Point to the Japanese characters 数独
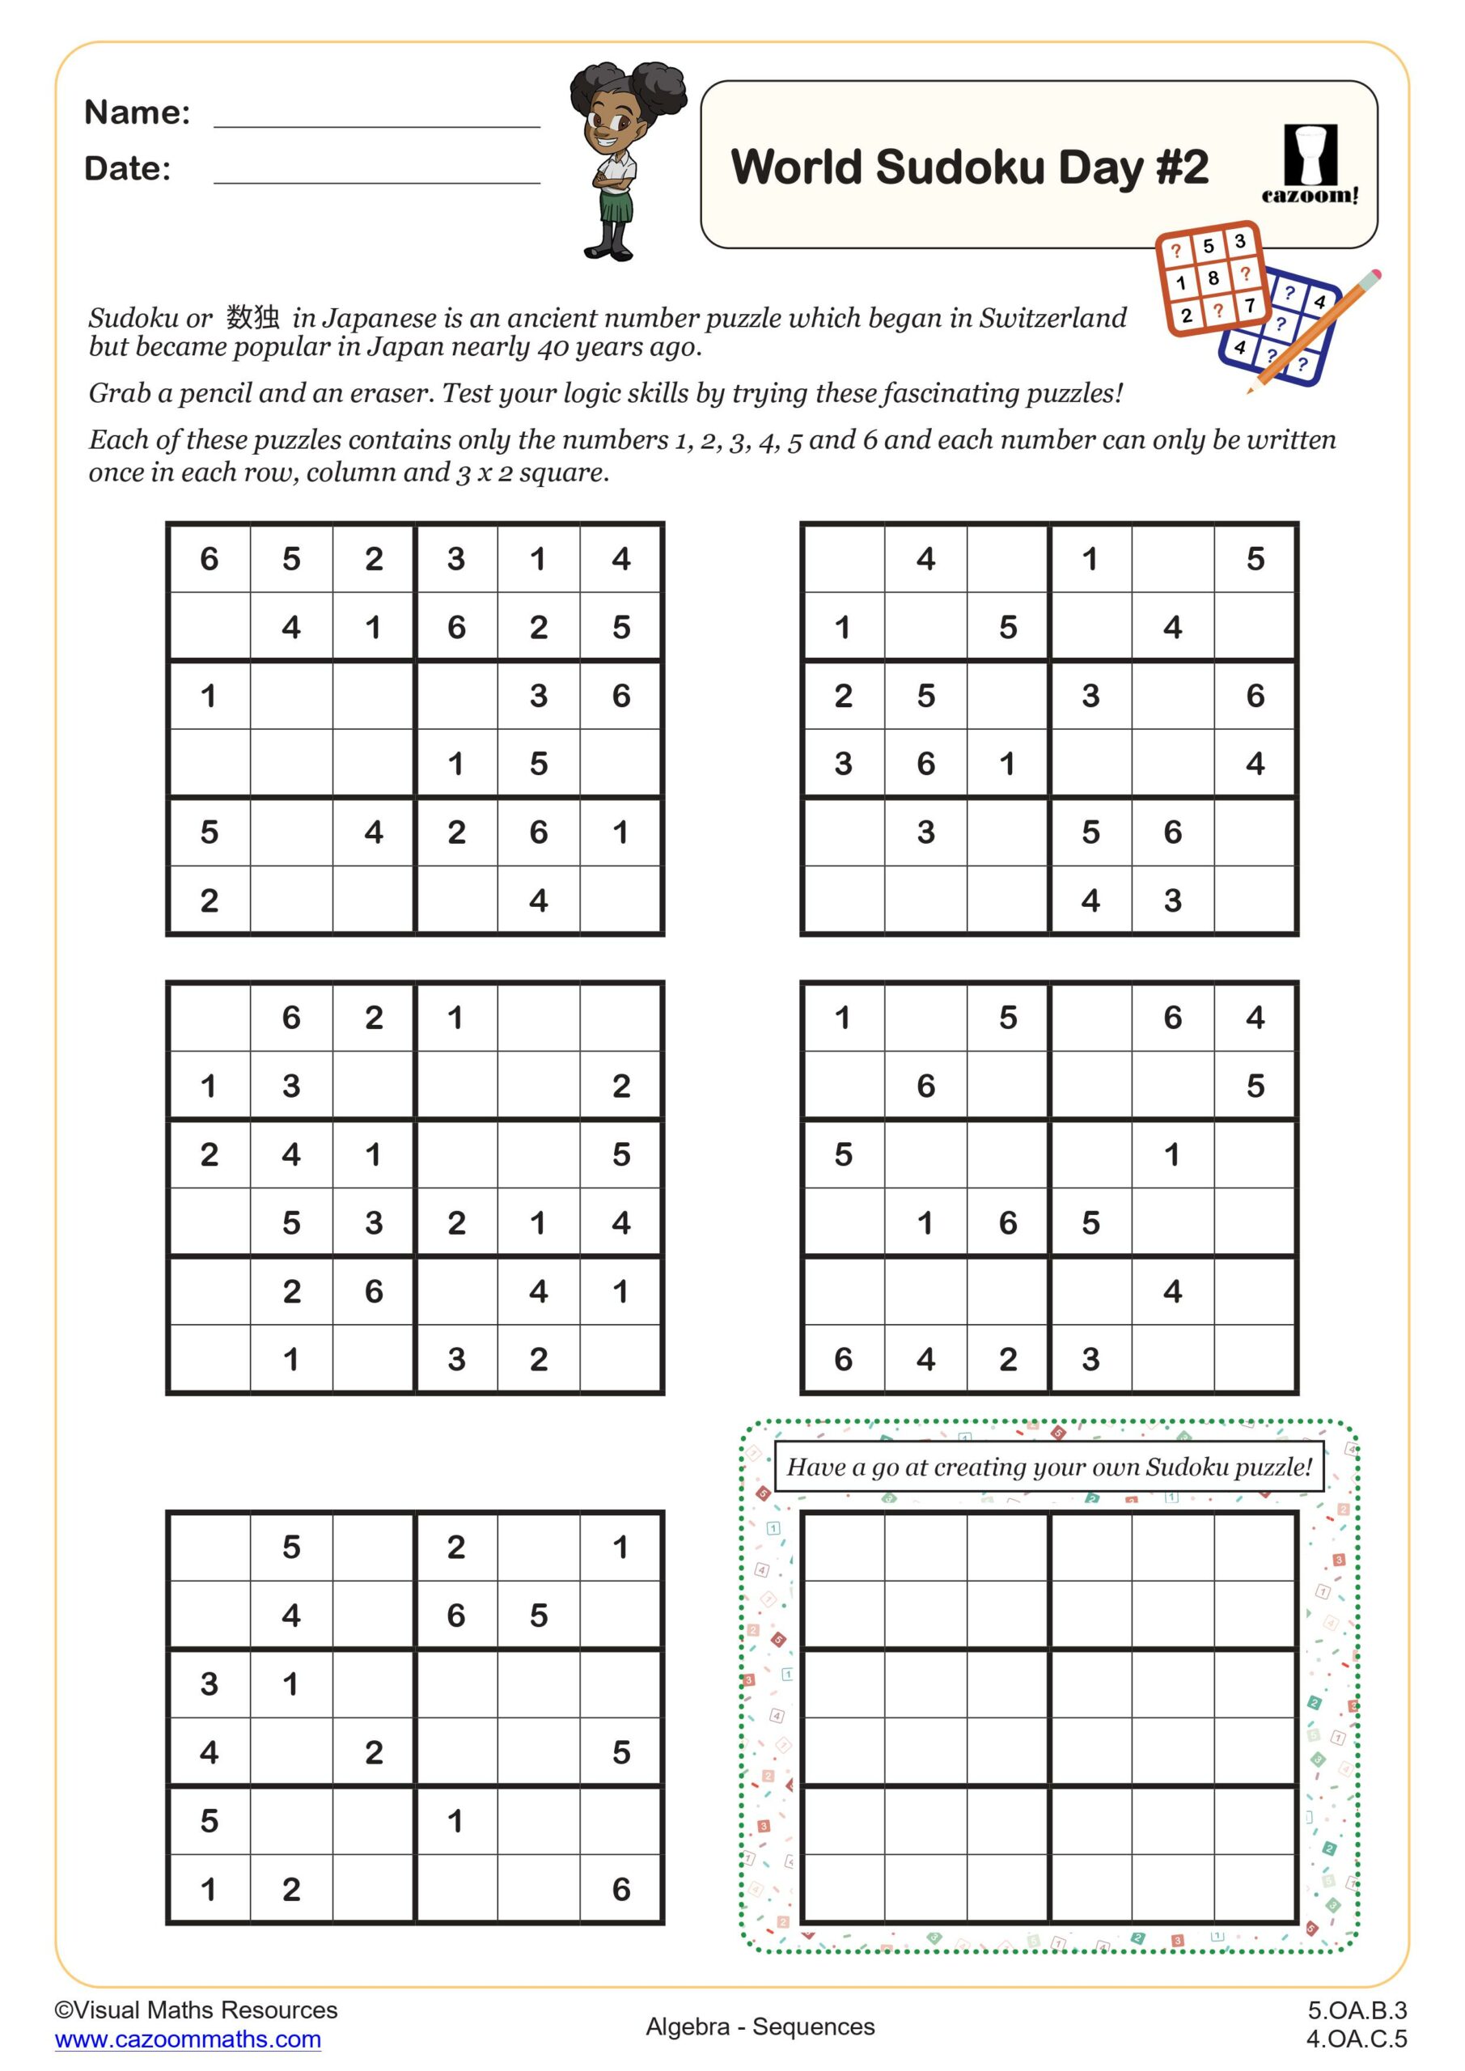252,316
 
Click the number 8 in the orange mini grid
1213,277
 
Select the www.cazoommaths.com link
188,2039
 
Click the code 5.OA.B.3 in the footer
1357,2010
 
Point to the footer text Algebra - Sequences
760,2027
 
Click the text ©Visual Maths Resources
196,2010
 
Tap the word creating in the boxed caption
979,1467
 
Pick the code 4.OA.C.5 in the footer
1357,2039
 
